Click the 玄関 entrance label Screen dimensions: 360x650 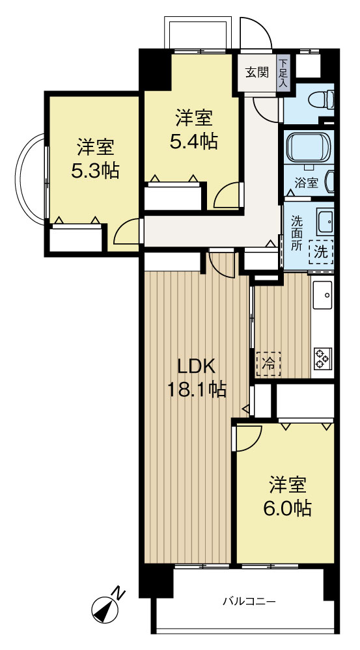click(x=256, y=72)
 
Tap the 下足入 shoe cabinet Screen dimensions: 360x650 click(x=284, y=74)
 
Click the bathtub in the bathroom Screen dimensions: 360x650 click(x=309, y=147)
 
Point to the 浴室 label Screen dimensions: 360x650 click(x=307, y=182)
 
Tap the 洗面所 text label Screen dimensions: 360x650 click(x=297, y=232)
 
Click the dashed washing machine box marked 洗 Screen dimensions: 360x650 click(x=321, y=252)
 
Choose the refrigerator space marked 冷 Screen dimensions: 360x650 click(x=268, y=364)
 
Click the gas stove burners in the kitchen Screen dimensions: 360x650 click(x=322, y=358)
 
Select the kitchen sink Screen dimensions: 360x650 click(x=322, y=295)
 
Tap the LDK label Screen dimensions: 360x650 click(x=196, y=366)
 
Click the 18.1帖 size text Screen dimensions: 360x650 click(x=197, y=390)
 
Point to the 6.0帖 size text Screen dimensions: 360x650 click(x=288, y=508)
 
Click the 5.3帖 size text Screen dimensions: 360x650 click(x=95, y=170)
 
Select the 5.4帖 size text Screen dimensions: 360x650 click(x=193, y=141)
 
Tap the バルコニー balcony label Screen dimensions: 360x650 click(x=249, y=601)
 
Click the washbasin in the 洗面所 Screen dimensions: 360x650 click(x=325, y=222)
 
